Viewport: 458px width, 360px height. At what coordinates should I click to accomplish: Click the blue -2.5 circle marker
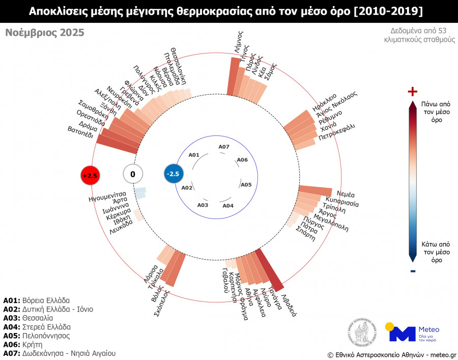point(173,174)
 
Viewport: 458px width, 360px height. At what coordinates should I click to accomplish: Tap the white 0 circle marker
point(133,174)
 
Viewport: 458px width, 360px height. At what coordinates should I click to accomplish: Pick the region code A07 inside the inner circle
point(224,147)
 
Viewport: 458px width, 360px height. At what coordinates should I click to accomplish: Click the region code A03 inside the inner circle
point(203,205)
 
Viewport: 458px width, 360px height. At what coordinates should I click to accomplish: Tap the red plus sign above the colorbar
point(413,91)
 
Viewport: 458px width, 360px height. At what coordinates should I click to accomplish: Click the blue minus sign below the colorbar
point(413,270)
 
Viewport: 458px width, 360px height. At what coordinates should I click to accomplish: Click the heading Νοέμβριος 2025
point(45,33)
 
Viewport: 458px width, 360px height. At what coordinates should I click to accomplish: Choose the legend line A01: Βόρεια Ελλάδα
point(36,300)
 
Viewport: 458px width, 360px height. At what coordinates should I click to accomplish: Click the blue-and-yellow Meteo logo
point(412,331)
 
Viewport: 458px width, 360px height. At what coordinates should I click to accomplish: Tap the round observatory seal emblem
point(362,331)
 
